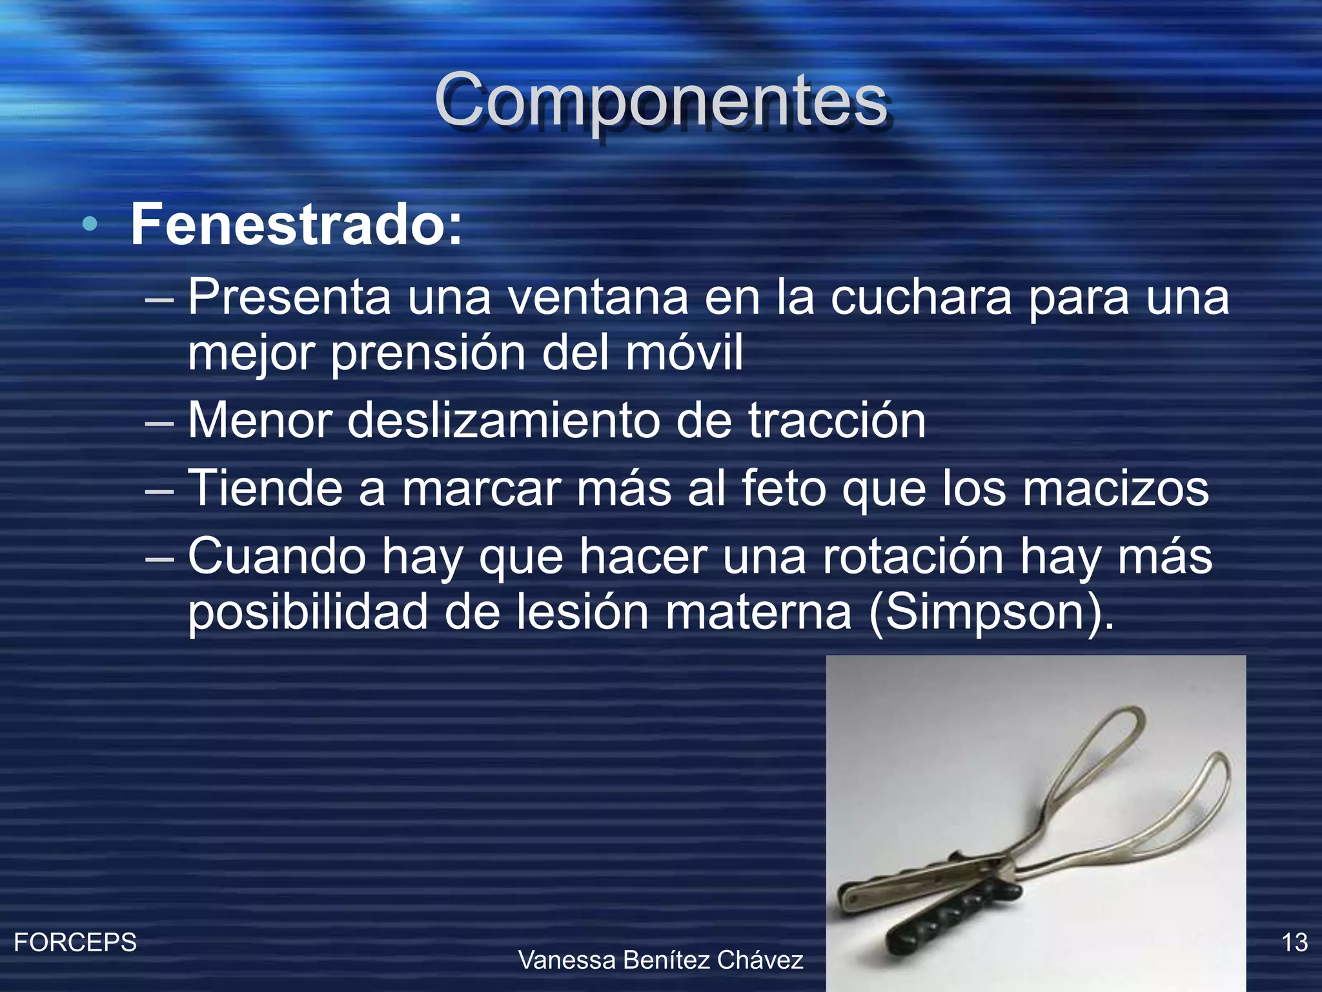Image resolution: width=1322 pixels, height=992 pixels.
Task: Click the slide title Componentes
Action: point(661,100)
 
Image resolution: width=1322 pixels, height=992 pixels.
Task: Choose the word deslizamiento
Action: point(503,420)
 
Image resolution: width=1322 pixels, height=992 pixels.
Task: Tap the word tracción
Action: point(837,420)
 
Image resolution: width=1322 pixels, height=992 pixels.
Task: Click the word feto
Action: point(784,488)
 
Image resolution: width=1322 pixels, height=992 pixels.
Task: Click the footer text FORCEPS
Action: point(76,943)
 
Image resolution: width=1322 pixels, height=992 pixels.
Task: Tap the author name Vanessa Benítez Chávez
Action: point(661,960)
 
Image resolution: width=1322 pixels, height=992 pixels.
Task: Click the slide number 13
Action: point(1294,943)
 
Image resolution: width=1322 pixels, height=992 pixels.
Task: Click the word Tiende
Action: point(265,488)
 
